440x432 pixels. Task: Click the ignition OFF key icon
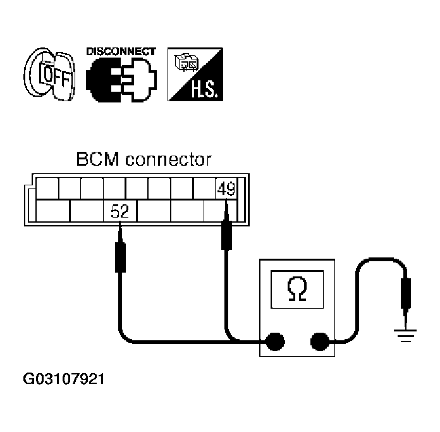(50, 74)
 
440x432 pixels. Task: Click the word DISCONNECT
(121, 51)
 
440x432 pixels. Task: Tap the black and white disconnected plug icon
(121, 80)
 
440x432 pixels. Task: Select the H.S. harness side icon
(195, 75)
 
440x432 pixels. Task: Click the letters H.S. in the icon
(204, 89)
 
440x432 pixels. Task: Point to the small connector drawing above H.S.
(186, 62)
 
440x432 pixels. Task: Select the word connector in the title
(168, 160)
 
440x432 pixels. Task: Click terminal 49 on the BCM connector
(226, 188)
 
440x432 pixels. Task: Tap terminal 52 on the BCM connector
(120, 211)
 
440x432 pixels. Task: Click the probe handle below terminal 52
(120, 257)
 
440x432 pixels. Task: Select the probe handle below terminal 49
(227, 235)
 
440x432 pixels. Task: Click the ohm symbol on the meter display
(297, 289)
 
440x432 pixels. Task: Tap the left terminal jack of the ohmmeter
(275, 342)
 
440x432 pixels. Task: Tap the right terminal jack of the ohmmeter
(320, 342)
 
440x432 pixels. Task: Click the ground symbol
(405, 335)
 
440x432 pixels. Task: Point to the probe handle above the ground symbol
(406, 293)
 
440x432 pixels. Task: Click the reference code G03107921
(64, 379)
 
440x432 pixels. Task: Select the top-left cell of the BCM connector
(47, 188)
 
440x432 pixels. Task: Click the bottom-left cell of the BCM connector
(52, 211)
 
